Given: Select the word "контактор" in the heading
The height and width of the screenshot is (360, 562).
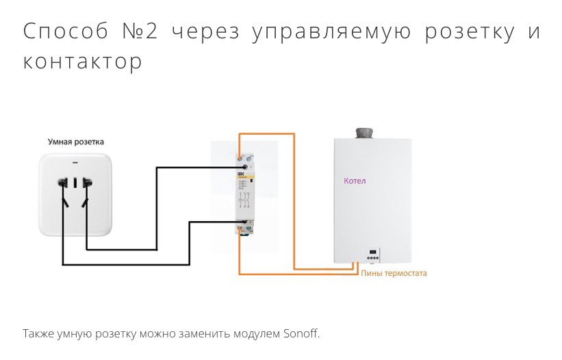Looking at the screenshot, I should click(x=83, y=61).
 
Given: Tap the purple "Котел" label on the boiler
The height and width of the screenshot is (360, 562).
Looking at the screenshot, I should click(x=355, y=181).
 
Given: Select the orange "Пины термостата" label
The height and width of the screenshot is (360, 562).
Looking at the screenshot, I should click(x=393, y=273).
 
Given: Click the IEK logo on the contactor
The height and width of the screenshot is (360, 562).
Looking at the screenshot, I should click(x=240, y=177).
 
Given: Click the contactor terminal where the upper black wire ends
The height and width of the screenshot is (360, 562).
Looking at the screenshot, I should click(x=244, y=166).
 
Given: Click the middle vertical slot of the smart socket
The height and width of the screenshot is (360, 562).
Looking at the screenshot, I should click(x=76, y=183).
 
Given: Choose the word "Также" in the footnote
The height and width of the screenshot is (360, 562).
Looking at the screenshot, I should click(x=37, y=334).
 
